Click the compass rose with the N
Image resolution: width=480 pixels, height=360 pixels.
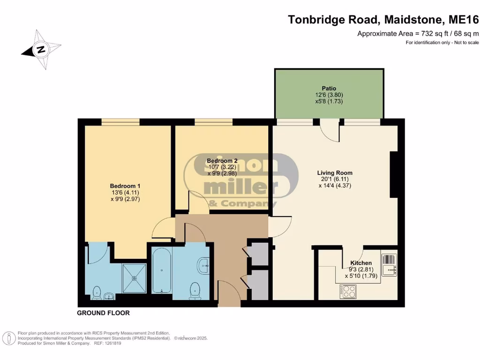(41, 50)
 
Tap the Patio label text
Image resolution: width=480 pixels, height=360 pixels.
(329, 88)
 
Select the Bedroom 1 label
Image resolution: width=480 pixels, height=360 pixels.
(122, 186)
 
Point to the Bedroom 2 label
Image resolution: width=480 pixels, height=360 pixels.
(222, 161)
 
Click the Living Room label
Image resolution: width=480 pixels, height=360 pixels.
(334, 172)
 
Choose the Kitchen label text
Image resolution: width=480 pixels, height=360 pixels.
(361, 263)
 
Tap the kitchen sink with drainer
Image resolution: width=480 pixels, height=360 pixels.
(389, 265)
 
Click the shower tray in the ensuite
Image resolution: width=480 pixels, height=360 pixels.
(135, 277)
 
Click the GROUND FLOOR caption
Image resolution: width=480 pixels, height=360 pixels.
(103, 313)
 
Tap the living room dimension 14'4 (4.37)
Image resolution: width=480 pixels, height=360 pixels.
(334, 185)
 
